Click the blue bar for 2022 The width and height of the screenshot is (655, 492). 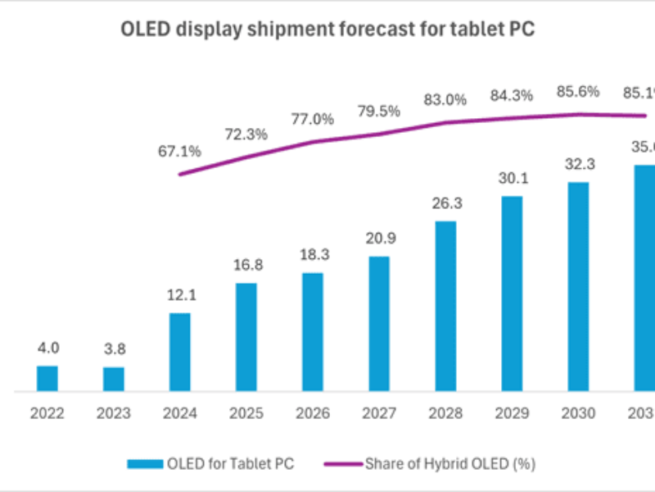(47, 378)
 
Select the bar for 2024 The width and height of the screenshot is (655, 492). (180, 352)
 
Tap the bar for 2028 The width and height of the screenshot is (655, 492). (446, 306)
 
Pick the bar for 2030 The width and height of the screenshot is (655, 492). (578, 286)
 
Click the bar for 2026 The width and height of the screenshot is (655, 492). (313, 331)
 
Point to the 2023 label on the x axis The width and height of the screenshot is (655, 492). (114, 414)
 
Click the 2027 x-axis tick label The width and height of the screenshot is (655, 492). (379, 414)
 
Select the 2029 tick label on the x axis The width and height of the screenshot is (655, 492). (512, 414)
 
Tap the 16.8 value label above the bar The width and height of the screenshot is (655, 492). (246, 266)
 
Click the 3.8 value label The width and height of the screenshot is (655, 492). (114, 350)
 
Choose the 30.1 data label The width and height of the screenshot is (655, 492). (512, 179)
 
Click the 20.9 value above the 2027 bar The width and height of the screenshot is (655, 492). (379, 239)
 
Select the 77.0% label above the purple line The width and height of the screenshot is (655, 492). (313, 119)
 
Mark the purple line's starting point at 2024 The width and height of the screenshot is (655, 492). (180, 174)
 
